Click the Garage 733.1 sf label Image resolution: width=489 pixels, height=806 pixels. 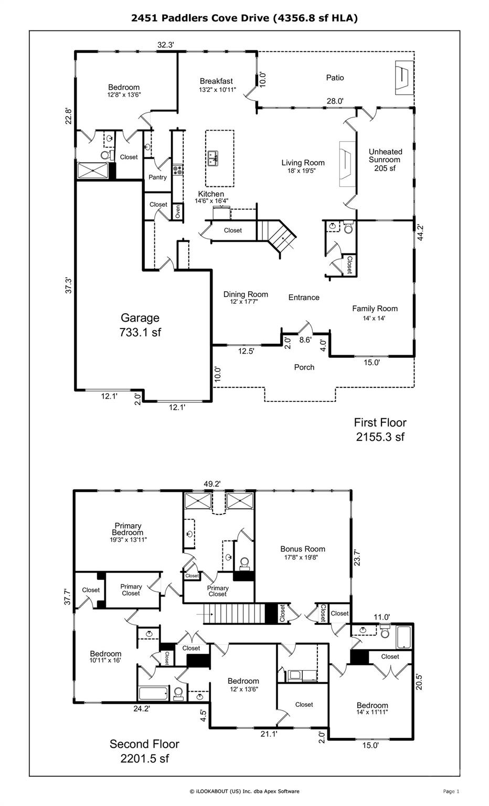(x=140, y=325)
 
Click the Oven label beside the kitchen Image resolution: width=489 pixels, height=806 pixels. (x=178, y=211)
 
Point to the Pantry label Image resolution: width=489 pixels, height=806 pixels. (x=157, y=177)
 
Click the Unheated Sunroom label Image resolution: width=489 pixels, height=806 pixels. (x=385, y=160)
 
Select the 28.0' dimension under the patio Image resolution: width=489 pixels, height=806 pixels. (x=335, y=101)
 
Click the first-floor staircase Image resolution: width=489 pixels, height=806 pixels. (x=277, y=236)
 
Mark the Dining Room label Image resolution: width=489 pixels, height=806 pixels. (x=246, y=294)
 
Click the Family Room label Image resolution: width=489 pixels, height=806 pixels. (x=375, y=309)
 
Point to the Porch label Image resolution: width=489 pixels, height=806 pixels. (x=304, y=367)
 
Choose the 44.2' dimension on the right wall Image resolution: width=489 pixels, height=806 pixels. (x=420, y=232)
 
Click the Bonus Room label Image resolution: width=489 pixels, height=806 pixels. (x=303, y=549)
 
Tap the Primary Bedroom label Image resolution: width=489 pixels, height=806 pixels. (x=128, y=529)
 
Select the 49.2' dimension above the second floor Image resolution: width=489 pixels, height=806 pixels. (x=212, y=484)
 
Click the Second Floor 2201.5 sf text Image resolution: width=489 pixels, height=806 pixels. (x=144, y=751)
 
